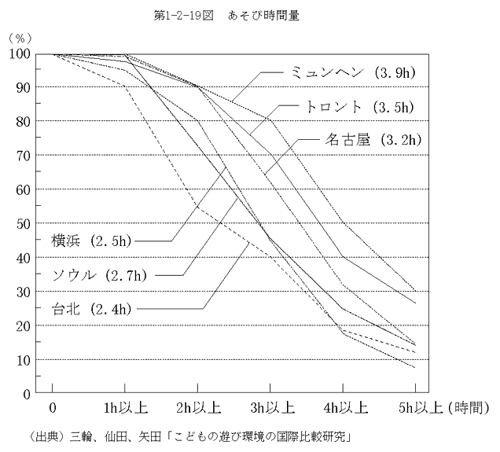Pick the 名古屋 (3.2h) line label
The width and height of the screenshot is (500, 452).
coord(374,141)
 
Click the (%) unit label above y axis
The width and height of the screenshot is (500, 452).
coord(18,37)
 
